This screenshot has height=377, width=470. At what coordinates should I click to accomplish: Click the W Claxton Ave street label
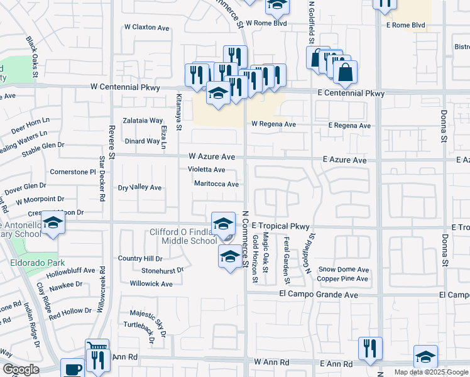point(147,28)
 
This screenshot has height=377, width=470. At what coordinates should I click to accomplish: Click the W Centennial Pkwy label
point(125,87)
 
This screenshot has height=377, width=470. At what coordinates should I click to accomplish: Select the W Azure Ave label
point(212,156)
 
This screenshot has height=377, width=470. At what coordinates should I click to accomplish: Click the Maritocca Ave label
point(216,184)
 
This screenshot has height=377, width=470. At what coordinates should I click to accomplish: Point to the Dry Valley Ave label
point(140,188)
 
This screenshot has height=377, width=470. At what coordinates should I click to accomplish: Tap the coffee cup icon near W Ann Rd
point(72,369)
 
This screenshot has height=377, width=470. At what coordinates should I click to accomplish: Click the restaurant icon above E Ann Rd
point(370,347)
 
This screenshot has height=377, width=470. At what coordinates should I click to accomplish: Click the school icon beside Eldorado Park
point(53,224)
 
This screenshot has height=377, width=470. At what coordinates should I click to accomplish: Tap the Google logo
point(20,369)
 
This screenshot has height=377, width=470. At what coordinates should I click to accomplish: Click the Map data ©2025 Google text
point(431,372)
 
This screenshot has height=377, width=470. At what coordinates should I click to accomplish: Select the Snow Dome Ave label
point(343,270)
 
